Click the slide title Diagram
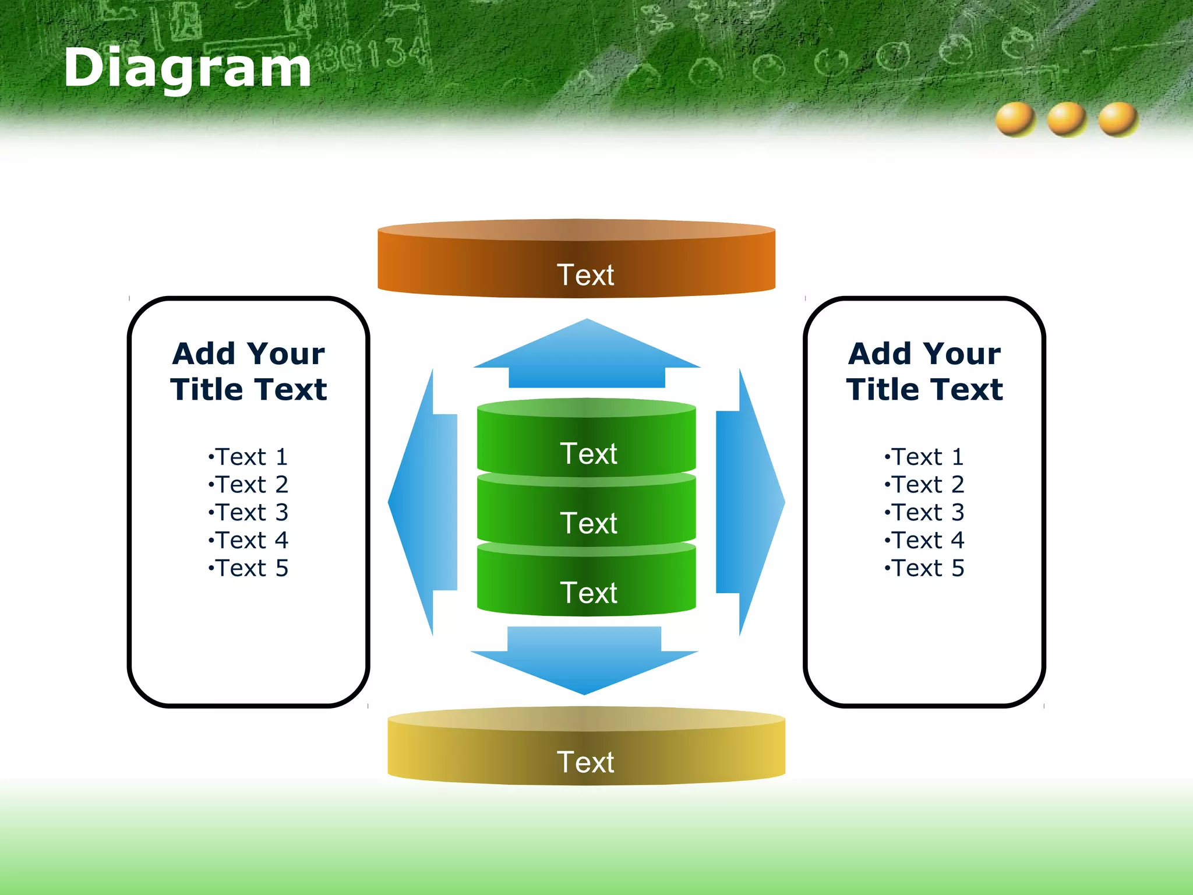tap(188, 68)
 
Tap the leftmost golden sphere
tap(1015, 119)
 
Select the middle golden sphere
tap(1067, 119)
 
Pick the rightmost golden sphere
tap(1118, 119)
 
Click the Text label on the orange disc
tap(585, 275)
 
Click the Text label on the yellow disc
tap(585, 762)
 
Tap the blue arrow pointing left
tap(424, 502)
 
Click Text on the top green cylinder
tap(588, 454)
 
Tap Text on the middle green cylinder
tap(588, 523)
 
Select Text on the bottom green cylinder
tap(588, 593)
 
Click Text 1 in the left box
tap(249, 457)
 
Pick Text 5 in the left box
tap(249, 568)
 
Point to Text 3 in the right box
tap(925, 513)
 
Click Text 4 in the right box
tap(925, 541)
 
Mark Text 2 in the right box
tap(925, 485)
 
